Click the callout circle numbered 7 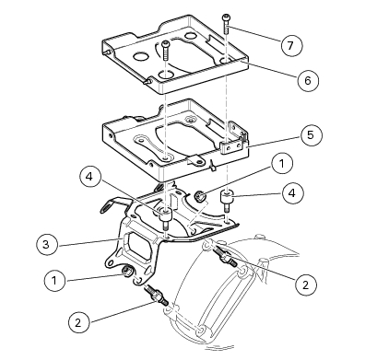pyautogui.click(x=291, y=45)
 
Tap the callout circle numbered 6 pyautogui.click(x=308, y=80)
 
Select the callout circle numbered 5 pyautogui.click(x=312, y=135)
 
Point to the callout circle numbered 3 pyautogui.click(x=46, y=244)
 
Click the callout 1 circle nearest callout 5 pyautogui.click(x=282, y=164)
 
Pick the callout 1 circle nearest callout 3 pyautogui.click(x=55, y=281)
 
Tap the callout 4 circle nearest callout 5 pyautogui.click(x=293, y=193)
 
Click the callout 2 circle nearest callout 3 pyautogui.click(x=79, y=322)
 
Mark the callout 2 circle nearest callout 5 pyautogui.click(x=306, y=285)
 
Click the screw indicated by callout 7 pyautogui.click(x=226, y=24)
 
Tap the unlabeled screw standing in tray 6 pyautogui.click(x=166, y=51)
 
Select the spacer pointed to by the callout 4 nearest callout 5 pyautogui.click(x=227, y=200)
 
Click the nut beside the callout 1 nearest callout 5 pyautogui.click(x=201, y=195)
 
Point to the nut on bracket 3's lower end pyautogui.click(x=127, y=271)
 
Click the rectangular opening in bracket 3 pyautogui.click(x=137, y=247)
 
